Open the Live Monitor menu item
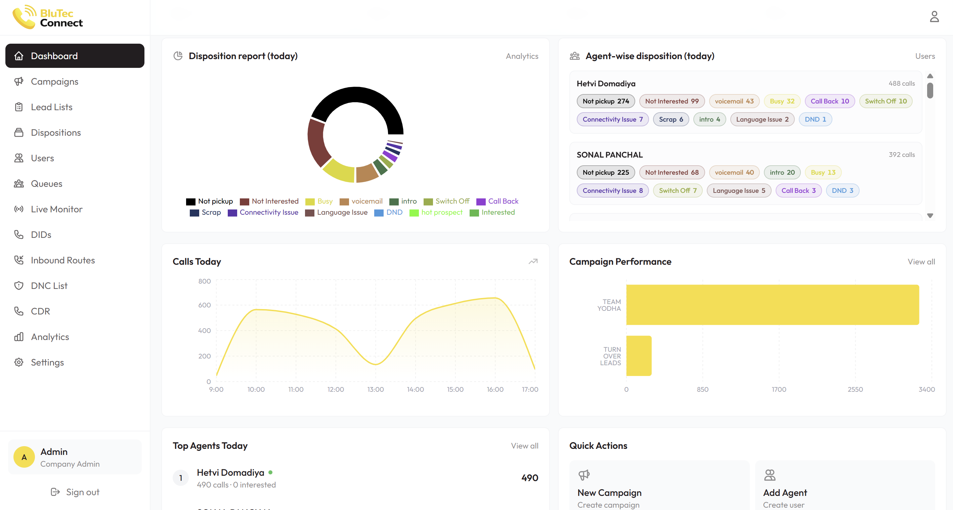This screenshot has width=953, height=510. [x=56, y=209]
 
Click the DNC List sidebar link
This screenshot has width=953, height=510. [x=49, y=286]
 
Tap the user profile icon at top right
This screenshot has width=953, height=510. [x=934, y=17]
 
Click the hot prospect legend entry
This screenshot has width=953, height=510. [x=441, y=212]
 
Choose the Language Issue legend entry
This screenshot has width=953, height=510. [x=342, y=212]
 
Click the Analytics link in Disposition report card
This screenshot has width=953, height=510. [x=522, y=56]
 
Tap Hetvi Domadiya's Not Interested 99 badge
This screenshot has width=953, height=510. [x=672, y=101]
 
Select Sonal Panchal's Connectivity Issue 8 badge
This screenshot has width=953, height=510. [x=612, y=190]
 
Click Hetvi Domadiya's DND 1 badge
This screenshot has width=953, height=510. [x=815, y=120]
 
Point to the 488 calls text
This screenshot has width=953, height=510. [x=902, y=84]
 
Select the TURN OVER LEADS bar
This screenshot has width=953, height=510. [x=639, y=356]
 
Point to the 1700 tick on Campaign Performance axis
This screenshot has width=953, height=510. [x=779, y=389]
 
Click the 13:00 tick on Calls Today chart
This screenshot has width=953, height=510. [x=375, y=389]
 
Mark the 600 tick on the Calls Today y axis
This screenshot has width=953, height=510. [x=204, y=305]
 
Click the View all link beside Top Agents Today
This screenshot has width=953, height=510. [x=524, y=446]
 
